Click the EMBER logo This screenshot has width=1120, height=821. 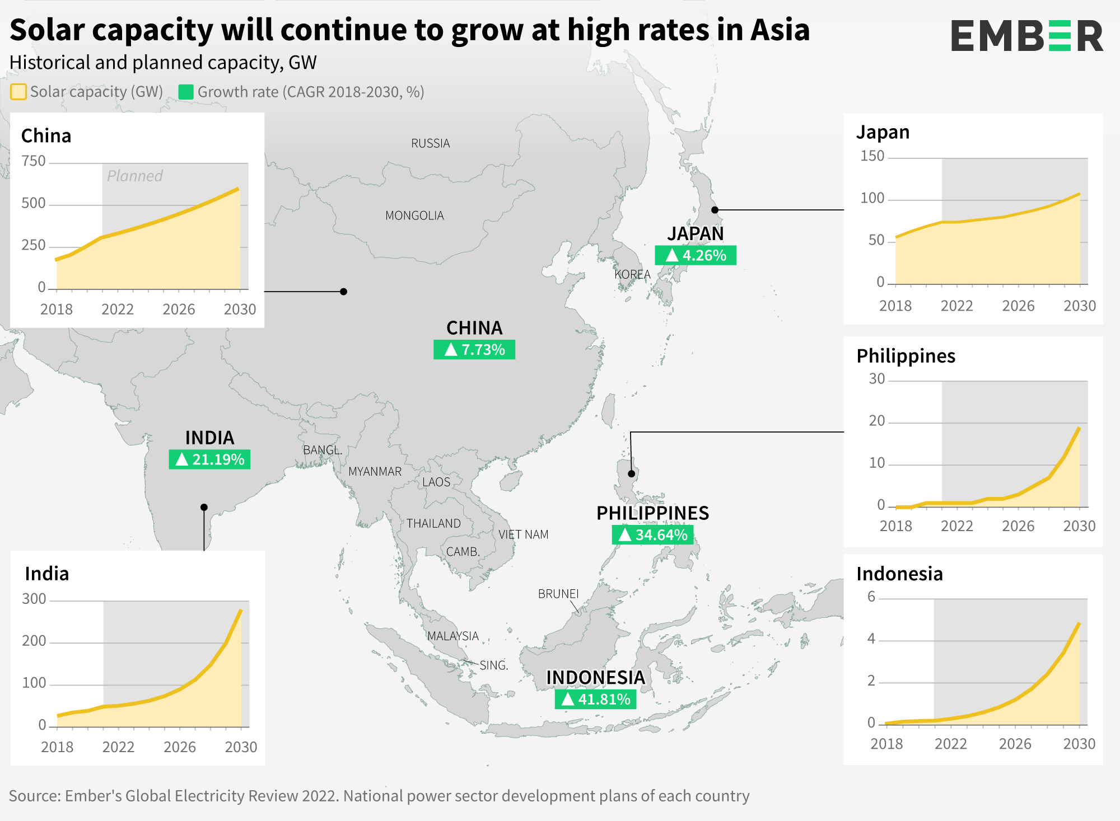(x=1026, y=36)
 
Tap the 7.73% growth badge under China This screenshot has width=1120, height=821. (x=474, y=350)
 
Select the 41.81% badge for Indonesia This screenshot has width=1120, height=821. (x=595, y=699)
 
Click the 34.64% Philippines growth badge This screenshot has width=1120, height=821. (x=652, y=534)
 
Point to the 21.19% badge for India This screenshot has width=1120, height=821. (x=209, y=459)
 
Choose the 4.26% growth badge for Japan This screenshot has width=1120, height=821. (x=696, y=255)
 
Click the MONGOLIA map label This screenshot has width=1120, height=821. (x=414, y=215)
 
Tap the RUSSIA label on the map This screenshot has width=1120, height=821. (x=430, y=143)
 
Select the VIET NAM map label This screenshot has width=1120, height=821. (x=524, y=534)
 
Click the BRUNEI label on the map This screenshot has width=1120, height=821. (x=558, y=594)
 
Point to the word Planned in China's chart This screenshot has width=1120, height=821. (x=134, y=176)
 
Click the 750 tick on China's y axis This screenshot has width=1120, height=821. (x=34, y=161)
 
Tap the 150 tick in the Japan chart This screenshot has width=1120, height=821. (x=872, y=156)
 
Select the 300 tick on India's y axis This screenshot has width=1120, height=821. (x=34, y=599)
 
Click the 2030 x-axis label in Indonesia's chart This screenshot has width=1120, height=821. (x=1079, y=744)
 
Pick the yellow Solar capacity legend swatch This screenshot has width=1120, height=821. (x=18, y=92)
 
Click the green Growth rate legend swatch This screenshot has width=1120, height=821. (x=186, y=92)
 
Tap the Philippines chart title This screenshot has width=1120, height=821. (x=906, y=356)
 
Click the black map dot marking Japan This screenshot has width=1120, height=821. (x=715, y=210)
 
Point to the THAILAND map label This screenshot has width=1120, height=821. (x=433, y=523)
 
